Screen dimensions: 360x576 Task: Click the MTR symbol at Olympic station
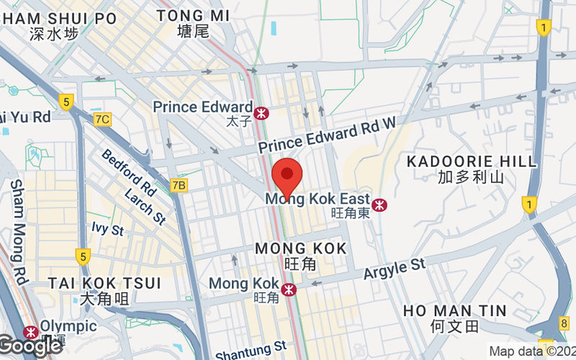tap(31, 333)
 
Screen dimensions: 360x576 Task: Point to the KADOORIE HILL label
tap(472, 161)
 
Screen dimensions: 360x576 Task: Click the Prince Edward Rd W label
tap(328, 135)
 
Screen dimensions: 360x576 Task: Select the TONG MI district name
tap(193, 15)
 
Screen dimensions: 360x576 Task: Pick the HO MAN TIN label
tap(454, 311)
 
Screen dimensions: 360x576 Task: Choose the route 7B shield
tap(179, 186)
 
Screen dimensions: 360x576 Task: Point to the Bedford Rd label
tap(129, 172)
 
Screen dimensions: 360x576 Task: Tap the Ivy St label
tap(108, 230)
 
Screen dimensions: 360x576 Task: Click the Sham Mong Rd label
tap(19, 230)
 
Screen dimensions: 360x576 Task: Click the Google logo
tap(30, 346)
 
